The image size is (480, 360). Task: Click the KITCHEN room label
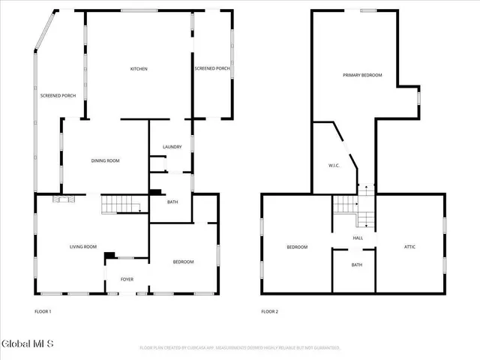(139, 69)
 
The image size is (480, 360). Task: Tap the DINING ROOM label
(105, 160)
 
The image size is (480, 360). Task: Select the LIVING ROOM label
(83, 247)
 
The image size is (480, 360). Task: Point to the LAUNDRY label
(172, 147)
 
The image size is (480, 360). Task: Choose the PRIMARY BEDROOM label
(362, 75)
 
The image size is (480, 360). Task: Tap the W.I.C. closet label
(334, 166)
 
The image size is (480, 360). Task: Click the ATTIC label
(409, 247)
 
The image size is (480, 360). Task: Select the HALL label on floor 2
(358, 238)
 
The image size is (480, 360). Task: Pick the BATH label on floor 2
(357, 265)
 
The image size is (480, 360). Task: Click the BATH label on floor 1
(172, 202)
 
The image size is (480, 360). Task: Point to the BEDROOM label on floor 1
(184, 262)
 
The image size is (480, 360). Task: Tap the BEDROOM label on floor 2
(297, 247)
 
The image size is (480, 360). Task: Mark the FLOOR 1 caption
(43, 311)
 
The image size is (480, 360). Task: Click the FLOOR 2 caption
(269, 311)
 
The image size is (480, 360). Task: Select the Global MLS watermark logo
(28, 344)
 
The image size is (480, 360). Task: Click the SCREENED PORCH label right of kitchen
(212, 69)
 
